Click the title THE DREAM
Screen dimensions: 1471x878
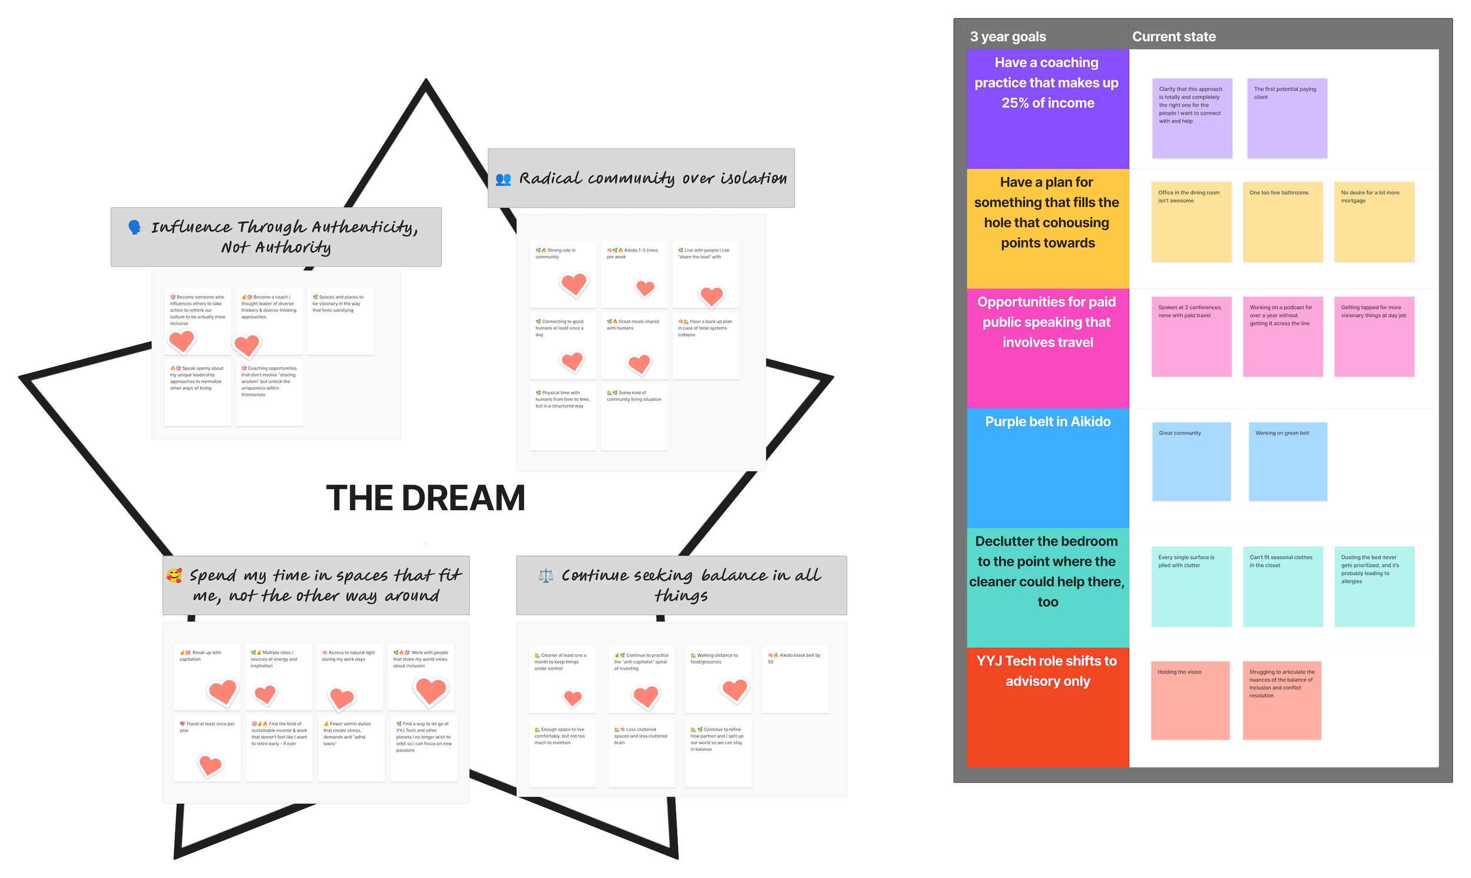tap(425, 498)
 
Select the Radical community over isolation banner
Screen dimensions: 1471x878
tap(641, 178)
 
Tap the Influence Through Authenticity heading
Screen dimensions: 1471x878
tap(275, 237)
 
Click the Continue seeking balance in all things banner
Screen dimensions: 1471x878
tap(681, 585)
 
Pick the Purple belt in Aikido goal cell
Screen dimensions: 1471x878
tap(1047, 467)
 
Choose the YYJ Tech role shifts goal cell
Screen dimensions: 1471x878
tap(1047, 707)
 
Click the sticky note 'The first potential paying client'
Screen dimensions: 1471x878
tap(1286, 118)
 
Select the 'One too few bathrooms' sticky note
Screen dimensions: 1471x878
tap(1282, 222)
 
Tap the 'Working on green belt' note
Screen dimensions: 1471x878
tap(1287, 461)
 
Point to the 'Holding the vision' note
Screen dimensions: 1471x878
tap(1190, 700)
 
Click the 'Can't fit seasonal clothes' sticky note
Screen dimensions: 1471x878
tap(1282, 586)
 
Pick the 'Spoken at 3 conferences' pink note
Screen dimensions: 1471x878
tap(1191, 336)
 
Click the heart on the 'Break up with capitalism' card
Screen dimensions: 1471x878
tap(223, 691)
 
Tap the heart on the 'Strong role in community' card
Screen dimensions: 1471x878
tap(573, 284)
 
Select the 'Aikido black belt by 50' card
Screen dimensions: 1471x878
tap(795, 679)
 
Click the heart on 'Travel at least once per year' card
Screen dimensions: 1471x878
tap(210, 765)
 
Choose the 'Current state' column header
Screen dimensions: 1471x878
tap(1173, 36)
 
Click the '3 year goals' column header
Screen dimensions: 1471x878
tap(1007, 36)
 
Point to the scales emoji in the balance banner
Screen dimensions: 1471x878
tap(545, 576)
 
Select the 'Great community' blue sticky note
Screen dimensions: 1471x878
tap(1191, 461)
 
